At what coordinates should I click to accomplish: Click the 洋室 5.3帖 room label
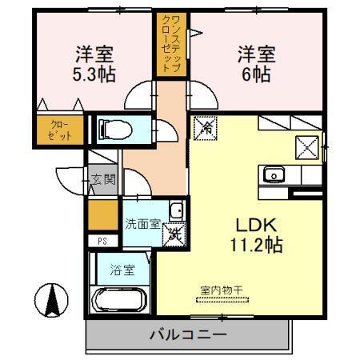[x=94, y=64]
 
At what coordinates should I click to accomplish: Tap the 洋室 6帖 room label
[x=256, y=64]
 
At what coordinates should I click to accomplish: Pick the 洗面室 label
[x=142, y=223]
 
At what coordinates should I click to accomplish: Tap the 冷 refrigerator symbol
[x=206, y=126]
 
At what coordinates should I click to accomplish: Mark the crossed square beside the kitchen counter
[x=308, y=147]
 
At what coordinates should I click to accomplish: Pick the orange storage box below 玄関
[x=102, y=215]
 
